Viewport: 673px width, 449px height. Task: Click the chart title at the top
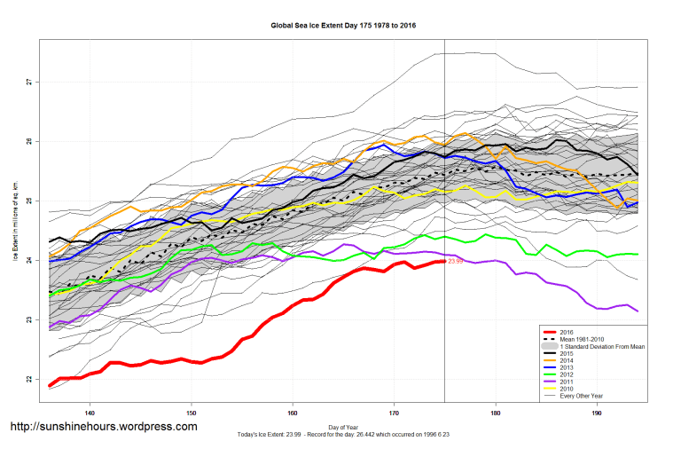343,26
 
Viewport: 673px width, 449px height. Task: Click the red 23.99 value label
456,262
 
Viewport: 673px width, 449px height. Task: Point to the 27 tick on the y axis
28,82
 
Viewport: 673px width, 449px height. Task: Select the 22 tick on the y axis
28,379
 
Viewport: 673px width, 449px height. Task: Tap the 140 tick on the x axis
90,414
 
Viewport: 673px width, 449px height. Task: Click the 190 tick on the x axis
597,414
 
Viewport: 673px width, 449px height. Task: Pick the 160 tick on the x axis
293,414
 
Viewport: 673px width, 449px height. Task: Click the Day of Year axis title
343,427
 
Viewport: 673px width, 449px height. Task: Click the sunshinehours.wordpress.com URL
103,427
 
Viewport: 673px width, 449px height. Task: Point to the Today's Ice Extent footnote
343,435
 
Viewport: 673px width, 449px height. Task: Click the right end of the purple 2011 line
638,311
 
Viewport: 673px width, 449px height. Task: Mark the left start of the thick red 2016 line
50,385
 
